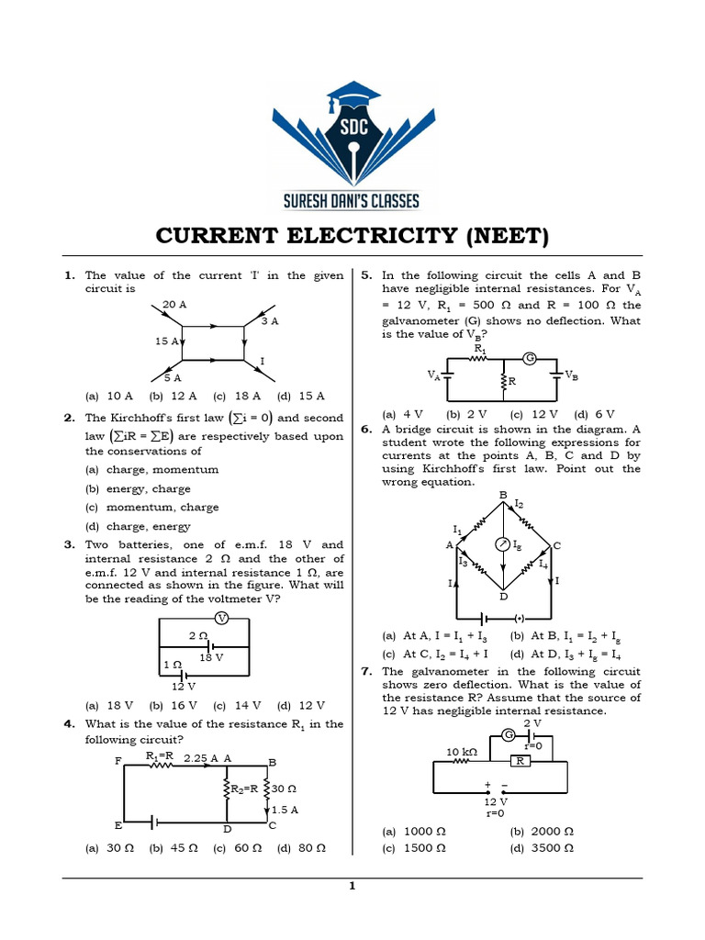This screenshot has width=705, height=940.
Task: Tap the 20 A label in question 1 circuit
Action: [173, 304]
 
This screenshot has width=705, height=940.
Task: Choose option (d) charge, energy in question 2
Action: [138, 527]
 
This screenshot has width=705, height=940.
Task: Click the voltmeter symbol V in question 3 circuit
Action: [220, 617]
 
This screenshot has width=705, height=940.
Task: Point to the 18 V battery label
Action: [211, 657]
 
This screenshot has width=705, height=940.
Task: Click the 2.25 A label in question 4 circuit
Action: [202, 758]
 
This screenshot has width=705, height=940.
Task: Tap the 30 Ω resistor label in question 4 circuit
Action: [284, 789]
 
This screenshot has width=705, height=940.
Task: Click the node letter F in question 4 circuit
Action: [117, 761]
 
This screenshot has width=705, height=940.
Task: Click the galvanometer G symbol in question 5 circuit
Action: [529, 356]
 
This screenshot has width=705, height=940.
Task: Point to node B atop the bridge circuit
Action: [502, 496]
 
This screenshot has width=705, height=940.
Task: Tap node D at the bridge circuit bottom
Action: [502, 597]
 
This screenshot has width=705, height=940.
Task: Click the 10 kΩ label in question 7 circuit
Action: [463, 752]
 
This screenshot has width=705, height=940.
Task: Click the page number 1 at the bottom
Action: [352, 886]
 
